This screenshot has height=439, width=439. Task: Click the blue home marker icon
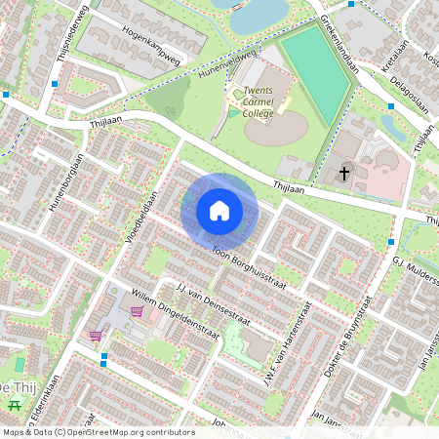point(219,211)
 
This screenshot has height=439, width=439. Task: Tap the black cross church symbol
point(343,174)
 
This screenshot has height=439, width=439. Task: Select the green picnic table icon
point(14,404)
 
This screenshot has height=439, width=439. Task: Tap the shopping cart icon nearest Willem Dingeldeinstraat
point(138,311)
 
